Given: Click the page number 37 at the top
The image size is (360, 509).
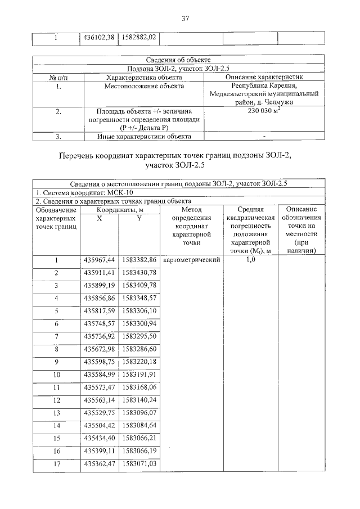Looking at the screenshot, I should (185, 19).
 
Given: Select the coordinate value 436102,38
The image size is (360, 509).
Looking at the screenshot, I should (99, 38).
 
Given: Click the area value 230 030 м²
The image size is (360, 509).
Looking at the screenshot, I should (264, 111).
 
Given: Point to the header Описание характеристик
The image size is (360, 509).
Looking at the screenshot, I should (264, 77).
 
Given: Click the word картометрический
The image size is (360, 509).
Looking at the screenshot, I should (191, 260).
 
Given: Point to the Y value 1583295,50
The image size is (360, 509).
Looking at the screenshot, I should (139, 336).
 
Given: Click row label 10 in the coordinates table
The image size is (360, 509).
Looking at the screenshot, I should (56, 374).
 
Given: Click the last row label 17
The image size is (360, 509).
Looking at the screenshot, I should (56, 464).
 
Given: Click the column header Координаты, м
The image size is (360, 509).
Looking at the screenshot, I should (120, 209).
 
